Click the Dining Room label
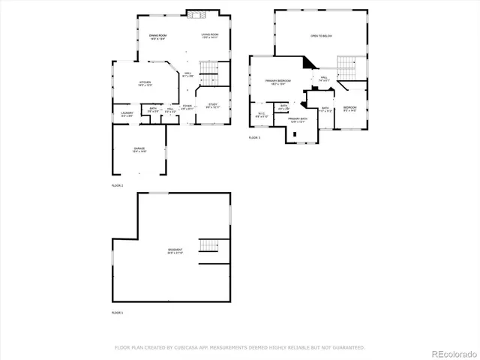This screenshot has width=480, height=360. [157, 37]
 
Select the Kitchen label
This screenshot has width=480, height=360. [145, 83]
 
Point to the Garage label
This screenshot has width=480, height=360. [139, 150]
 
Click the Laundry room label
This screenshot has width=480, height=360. [127, 114]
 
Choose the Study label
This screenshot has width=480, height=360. [212, 106]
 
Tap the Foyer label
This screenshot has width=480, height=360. [187, 107]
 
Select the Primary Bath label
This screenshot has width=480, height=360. [298, 120]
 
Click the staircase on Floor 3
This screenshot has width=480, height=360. [346, 68]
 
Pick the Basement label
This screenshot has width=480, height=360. [175, 250]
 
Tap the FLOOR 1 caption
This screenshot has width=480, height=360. [117, 312]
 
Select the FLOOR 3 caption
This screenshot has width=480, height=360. [254, 138]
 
